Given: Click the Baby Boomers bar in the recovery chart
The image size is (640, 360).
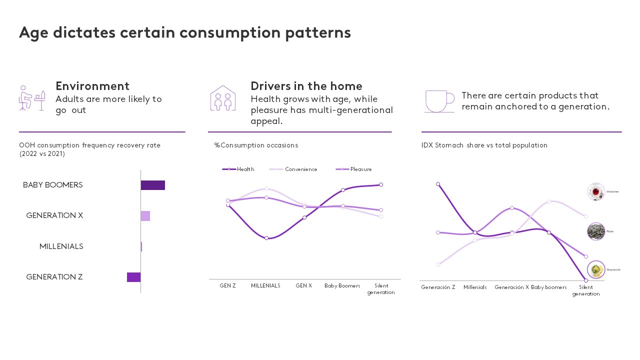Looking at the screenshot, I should tap(152, 185).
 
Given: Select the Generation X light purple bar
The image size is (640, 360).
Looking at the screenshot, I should tap(145, 216).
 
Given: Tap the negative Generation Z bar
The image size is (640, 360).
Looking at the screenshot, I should tap(133, 277).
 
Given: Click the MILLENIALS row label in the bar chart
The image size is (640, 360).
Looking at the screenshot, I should tap(61, 246).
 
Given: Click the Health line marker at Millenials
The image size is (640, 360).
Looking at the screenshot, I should tap(266, 238).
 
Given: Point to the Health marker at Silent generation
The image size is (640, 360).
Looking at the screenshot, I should tap(381, 184).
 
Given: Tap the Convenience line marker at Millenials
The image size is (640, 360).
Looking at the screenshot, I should tap(266, 188).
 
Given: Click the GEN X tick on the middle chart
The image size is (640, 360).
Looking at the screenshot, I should tap(303, 286).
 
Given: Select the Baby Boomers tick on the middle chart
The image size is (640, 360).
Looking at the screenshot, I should tap(342, 286).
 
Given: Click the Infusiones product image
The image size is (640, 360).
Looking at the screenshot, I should tap(596, 192).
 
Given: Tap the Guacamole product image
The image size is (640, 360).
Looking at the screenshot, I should tap(596, 270).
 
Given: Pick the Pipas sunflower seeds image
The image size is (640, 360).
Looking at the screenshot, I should tap(596, 231).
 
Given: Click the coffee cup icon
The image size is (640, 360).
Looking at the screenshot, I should tap(439, 101).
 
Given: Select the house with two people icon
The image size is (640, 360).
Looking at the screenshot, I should tap(223, 98).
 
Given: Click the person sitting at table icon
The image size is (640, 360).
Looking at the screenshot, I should tap(32, 98).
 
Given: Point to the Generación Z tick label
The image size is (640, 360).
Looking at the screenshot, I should tap(438, 287).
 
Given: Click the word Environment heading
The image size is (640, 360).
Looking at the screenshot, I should tap(92, 86).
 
